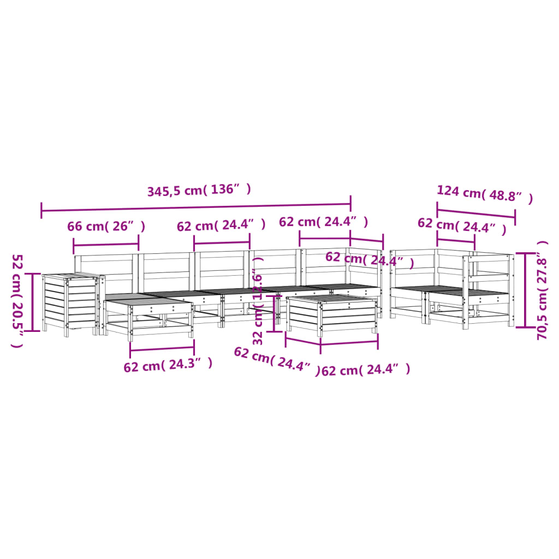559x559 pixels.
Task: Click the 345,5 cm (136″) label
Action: pyautogui.click(x=199, y=191)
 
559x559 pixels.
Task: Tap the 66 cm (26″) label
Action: pyautogui.click(x=106, y=226)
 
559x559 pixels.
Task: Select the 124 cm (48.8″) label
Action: pyautogui.click(x=484, y=194)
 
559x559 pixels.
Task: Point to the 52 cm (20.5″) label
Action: pyautogui.click(x=17, y=300)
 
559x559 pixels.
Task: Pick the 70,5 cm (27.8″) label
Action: pyautogui.click(x=542, y=290)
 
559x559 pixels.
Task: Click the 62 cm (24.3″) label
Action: pyautogui.click(x=168, y=365)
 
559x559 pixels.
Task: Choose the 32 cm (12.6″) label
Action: pyautogui.click(x=259, y=309)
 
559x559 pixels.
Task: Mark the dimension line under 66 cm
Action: pyautogui.click(x=106, y=243)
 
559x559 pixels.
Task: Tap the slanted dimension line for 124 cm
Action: pyautogui.click(x=476, y=214)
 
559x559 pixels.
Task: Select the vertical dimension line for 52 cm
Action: pyautogui.click(x=33, y=302)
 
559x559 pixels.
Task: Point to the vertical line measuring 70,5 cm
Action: pyautogui.click(x=525, y=290)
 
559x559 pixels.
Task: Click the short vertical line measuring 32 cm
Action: pyautogui.click(x=275, y=314)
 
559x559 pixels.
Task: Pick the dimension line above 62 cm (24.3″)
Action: pyautogui.click(x=162, y=348)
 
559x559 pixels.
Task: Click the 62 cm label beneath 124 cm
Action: pyautogui.click(x=461, y=225)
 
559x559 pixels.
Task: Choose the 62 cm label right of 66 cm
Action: pyautogui.click(x=221, y=225)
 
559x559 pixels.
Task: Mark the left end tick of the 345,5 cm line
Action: pyautogui.click(x=41, y=210)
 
